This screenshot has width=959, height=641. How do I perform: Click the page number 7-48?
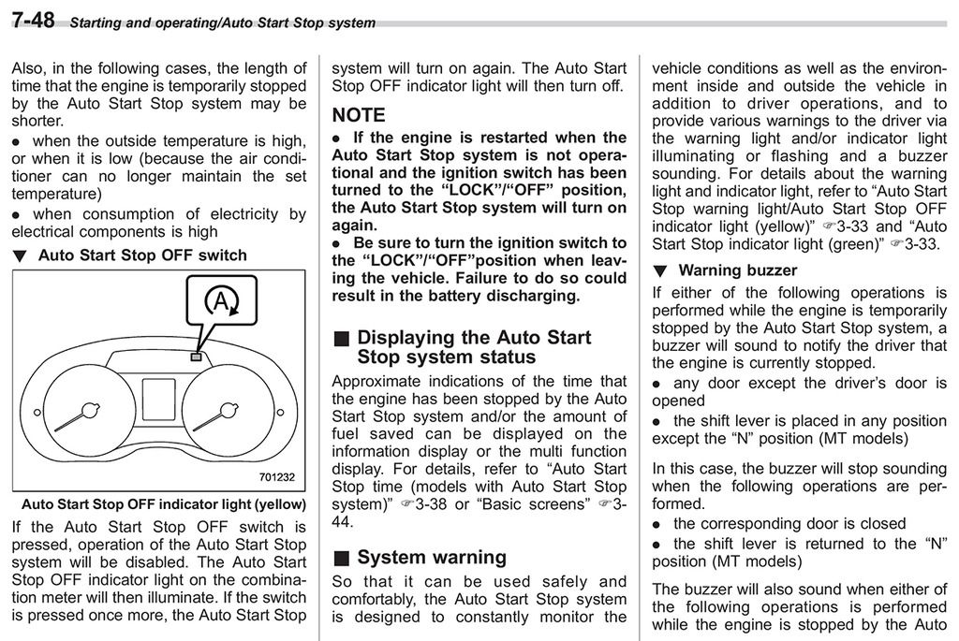coord(33,20)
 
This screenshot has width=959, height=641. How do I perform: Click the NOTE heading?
coord(359,115)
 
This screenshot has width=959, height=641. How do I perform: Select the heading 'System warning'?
coord(432,558)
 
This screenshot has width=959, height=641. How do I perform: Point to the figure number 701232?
coord(277,477)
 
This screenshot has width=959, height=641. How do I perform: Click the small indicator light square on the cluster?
coord(195,357)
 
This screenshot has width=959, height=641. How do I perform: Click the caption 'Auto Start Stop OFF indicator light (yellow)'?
coord(158,504)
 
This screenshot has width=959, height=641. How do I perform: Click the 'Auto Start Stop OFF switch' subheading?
coord(142,255)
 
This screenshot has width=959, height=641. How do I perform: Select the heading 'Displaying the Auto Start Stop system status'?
coord(474,346)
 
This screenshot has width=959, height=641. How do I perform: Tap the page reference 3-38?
coord(433,504)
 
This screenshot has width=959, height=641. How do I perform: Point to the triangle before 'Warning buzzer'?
coord(660,271)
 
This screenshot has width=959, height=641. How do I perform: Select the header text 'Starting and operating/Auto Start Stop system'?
coord(223,22)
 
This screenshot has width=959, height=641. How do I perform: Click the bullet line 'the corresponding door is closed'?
coord(789,523)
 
